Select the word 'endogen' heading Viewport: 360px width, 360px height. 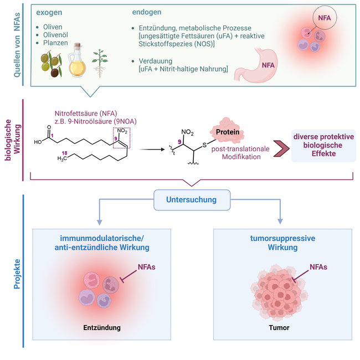click(147, 12)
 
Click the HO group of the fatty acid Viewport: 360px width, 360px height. click(39, 141)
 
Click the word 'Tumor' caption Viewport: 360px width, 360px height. click(279, 327)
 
